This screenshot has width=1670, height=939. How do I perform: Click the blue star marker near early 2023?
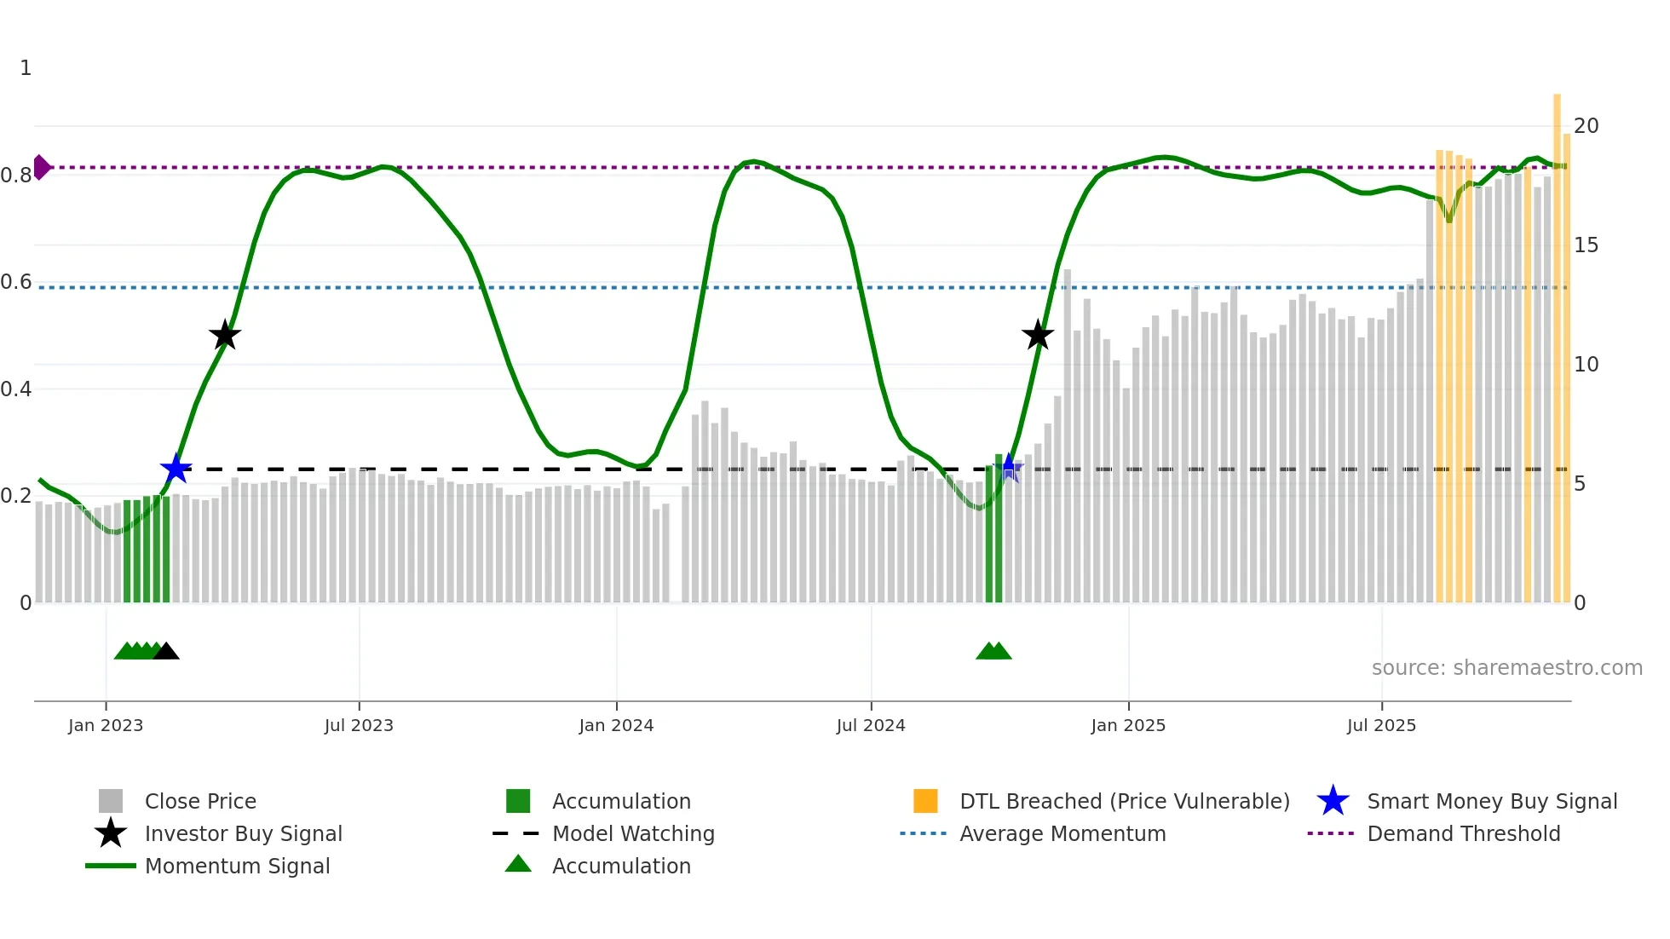[x=176, y=469]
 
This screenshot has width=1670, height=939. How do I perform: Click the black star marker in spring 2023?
[x=225, y=336]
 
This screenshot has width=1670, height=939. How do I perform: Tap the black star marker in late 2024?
[x=1038, y=336]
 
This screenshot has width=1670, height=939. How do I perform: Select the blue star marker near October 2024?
[x=1010, y=468]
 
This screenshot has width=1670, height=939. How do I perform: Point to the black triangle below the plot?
[x=166, y=652]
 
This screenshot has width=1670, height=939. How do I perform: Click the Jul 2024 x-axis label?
[x=871, y=726]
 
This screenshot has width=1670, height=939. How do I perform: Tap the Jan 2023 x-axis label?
[x=106, y=726]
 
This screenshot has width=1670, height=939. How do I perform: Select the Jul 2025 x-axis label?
[x=1381, y=726]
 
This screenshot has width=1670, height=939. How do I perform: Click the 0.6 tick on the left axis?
[x=16, y=282]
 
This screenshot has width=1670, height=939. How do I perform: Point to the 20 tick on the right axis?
[x=1586, y=126]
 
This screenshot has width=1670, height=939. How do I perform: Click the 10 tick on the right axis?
[x=1586, y=365]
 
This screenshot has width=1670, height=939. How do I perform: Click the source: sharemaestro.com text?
[x=1506, y=668]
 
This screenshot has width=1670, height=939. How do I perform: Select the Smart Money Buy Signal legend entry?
[x=1491, y=802]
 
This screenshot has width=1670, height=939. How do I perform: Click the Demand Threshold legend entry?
[x=1463, y=834]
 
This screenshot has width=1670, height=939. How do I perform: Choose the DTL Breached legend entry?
[x=1124, y=802]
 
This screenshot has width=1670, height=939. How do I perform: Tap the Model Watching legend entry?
[x=632, y=834]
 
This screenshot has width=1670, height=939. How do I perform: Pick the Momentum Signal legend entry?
[x=237, y=867]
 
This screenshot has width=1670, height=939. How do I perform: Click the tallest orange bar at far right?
[x=1557, y=341]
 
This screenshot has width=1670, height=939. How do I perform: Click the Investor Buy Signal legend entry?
[x=243, y=834]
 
